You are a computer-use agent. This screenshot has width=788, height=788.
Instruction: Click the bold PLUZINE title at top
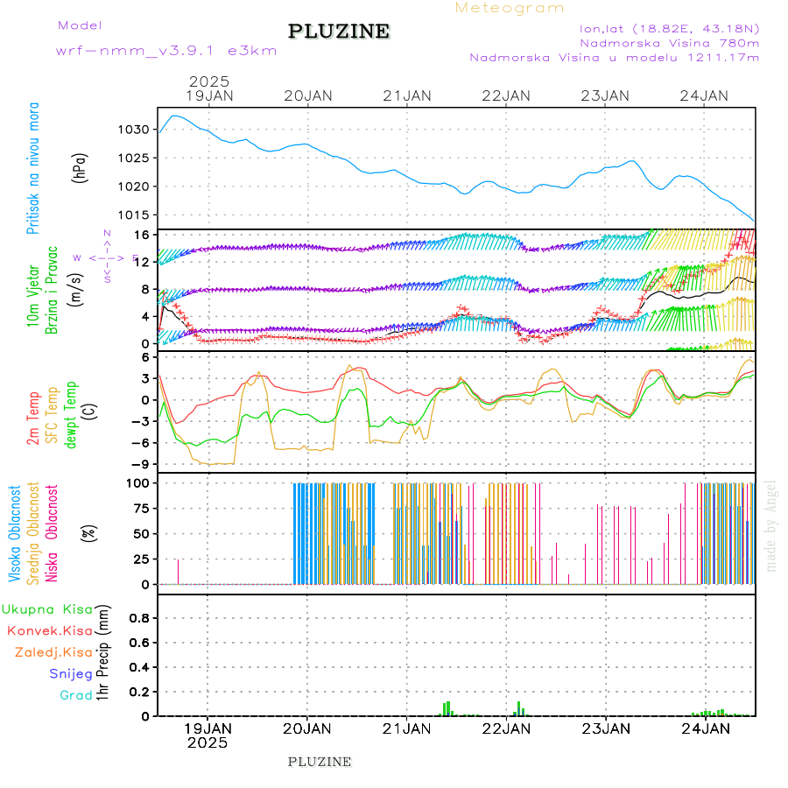point(339,32)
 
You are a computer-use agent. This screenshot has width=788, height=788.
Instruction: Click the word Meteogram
point(510,8)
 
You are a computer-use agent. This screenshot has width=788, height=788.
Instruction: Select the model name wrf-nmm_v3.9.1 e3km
point(166,51)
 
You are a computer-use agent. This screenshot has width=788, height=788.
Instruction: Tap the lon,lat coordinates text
point(663,28)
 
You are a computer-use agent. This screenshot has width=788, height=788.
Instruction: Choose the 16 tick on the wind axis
point(138,235)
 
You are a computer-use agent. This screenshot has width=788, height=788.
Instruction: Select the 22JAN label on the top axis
point(506,95)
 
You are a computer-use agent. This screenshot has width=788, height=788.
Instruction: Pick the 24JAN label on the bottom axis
point(705,728)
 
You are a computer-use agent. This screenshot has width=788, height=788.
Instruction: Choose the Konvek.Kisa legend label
point(50,630)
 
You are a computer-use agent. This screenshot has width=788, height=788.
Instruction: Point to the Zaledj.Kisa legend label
point(53,652)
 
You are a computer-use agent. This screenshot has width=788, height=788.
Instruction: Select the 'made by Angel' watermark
point(770,525)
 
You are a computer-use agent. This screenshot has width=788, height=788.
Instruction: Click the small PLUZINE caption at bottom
point(320,762)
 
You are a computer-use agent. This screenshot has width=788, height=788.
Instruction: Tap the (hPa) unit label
point(81,168)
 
